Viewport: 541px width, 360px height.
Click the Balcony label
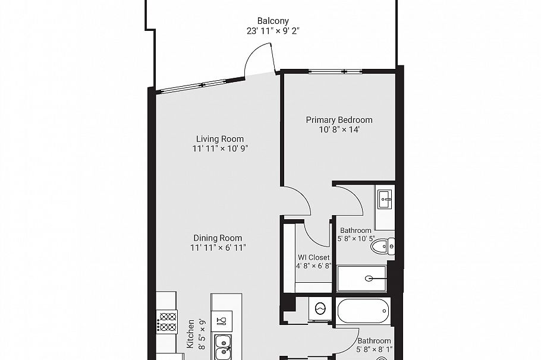273,21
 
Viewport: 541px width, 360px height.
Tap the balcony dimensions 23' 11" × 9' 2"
273,31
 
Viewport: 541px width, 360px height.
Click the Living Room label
219,139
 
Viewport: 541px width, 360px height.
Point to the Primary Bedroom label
339,120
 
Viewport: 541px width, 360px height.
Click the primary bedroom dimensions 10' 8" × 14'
339,130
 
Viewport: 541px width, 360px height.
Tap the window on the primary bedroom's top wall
335,72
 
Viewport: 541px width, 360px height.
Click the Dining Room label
218,238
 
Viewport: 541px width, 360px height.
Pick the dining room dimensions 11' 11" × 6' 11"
218,248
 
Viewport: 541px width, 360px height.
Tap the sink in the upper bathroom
385,198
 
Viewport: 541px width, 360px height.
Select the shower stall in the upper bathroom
363,278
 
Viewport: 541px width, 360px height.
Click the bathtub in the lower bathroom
363,310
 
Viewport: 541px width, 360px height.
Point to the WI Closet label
313,257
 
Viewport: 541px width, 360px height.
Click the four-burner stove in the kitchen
167,321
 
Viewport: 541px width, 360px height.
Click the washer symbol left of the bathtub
320,309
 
